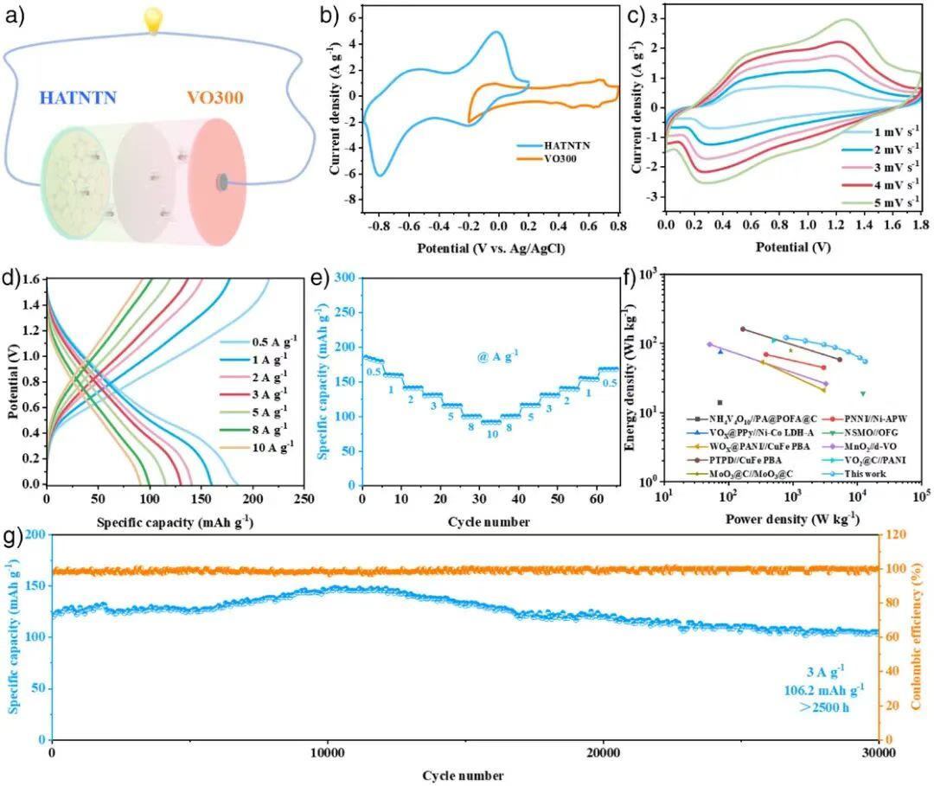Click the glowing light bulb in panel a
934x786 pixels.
[x=154, y=20]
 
